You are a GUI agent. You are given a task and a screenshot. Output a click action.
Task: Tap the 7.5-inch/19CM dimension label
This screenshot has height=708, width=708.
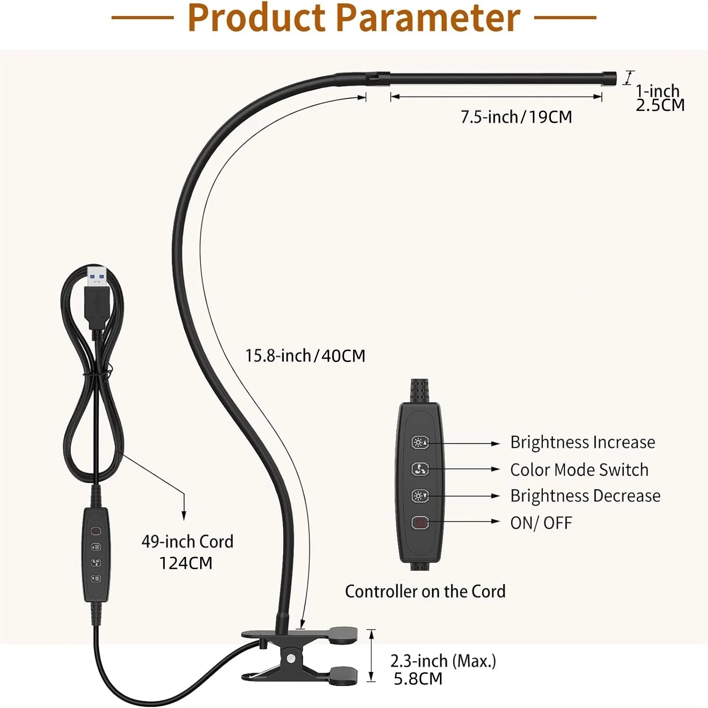pyautogui.click(x=516, y=117)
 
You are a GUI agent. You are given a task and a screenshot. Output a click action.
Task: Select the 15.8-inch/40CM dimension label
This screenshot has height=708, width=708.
pyautogui.click(x=305, y=355)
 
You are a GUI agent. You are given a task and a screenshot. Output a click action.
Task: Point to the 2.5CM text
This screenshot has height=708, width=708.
pyautogui.click(x=660, y=105)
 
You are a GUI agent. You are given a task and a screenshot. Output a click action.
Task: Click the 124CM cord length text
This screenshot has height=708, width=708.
pyautogui.click(x=185, y=563)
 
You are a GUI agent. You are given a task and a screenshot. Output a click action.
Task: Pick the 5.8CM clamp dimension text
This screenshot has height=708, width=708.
pyautogui.click(x=418, y=679)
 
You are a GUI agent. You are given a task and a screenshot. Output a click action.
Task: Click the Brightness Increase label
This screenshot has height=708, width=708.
pyautogui.click(x=582, y=442)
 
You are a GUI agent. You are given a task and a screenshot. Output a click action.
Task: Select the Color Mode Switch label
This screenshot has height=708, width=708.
pyautogui.click(x=579, y=470)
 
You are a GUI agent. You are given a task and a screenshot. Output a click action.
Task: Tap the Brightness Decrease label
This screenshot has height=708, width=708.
pyautogui.click(x=585, y=496)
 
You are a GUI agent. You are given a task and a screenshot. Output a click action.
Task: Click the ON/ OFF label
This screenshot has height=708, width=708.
pyautogui.click(x=541, y=523)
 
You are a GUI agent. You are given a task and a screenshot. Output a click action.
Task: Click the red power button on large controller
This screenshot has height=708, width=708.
pyautogui.click(x=420, y=523)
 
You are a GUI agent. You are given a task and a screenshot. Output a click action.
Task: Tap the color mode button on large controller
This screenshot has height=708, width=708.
pyautogui.click(x=420, y=469)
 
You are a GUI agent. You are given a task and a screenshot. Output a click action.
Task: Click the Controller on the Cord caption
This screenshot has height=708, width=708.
pyautogui.click(x=425, y=591)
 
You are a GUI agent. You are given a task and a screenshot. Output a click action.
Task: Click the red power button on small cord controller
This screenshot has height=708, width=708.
pyautogui.click(x=96, y=531)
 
